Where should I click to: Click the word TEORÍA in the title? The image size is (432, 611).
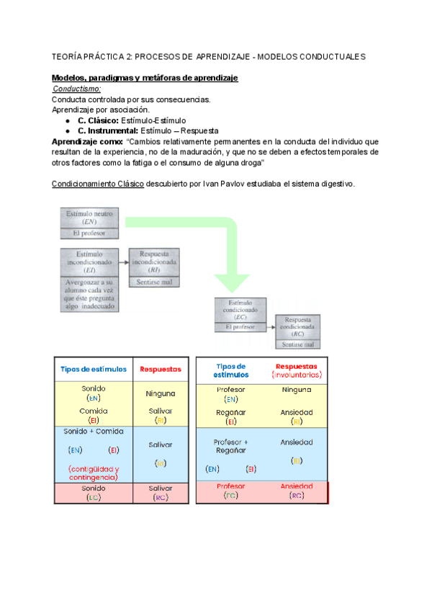[66, 56]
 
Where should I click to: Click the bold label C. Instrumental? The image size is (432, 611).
[108, 131]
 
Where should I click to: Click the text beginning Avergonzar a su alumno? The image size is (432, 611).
[89, 295]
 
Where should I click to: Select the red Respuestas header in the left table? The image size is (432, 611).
[160, 369]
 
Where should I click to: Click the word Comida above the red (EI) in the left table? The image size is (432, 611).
[94, 410]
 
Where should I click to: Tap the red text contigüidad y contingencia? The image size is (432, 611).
[94, 473]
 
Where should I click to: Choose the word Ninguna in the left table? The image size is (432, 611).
[160, 394]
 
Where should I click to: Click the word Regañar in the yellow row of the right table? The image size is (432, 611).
[231, 412]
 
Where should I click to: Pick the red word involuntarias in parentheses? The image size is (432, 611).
[297, 375]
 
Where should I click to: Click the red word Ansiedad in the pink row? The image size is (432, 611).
[297, 486]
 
